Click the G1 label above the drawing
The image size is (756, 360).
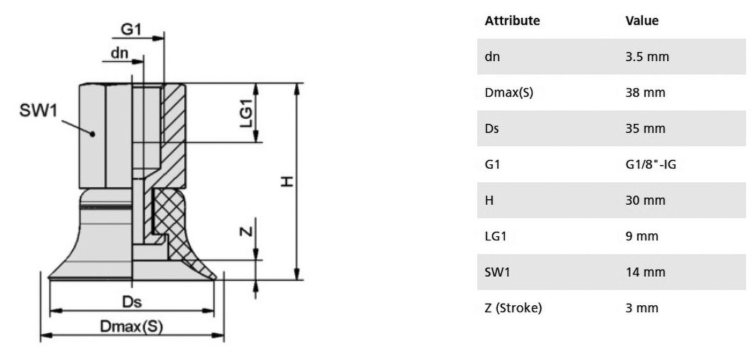(x=130, y=29)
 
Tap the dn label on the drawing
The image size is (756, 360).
(x=119, y=53)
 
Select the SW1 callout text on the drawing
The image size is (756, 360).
(x=38, y=111)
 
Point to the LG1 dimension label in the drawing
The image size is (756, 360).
(x=246, y=113)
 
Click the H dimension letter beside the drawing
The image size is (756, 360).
(x=287, y=181)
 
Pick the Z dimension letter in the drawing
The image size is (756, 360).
(x=246, y=231)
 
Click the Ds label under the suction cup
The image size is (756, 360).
(x=132, y=302)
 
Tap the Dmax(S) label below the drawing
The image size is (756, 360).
(x=132, y=327)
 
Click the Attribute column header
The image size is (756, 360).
(x=512, y=21)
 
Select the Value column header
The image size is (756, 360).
(x=641, y=21)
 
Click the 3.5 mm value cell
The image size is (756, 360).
(x=647, y=56)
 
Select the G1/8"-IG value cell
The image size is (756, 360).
(x=651, y=164)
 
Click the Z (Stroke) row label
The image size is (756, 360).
(x=513, y=308)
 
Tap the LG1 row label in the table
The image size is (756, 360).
(x=496, y=236)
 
